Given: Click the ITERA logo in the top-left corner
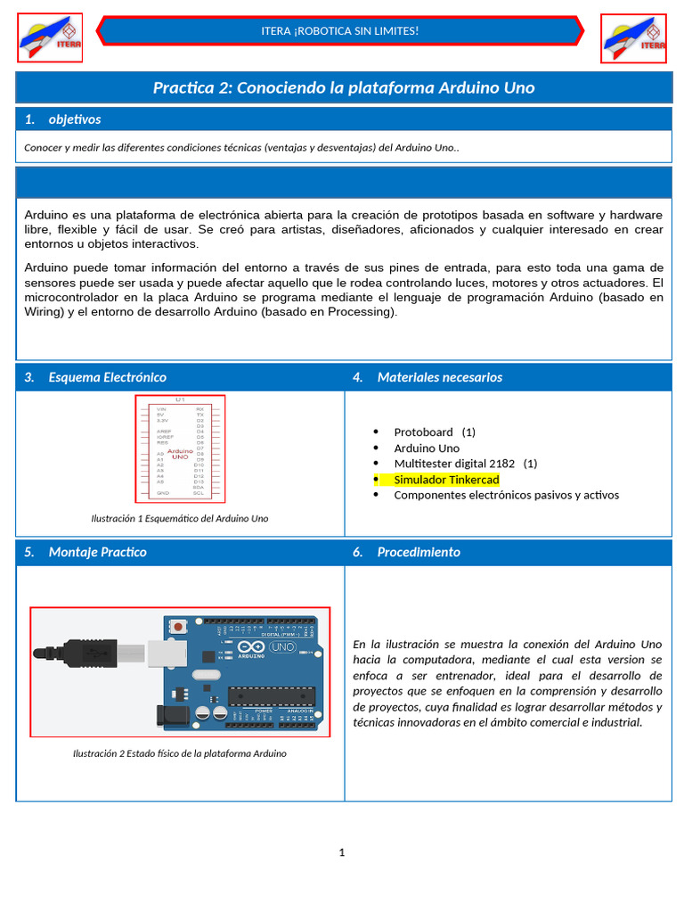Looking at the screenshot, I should [x=50, y=38].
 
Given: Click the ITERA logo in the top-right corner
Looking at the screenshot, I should [x=633, y=38].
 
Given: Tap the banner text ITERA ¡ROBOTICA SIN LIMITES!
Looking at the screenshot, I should [x=339, y=31].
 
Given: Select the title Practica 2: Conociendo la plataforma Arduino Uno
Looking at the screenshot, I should [x=343, y=87].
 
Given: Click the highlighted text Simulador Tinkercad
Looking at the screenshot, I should [x=446, y=480].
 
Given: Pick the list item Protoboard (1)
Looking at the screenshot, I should [x=435, y=432].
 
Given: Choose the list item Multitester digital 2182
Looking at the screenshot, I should [x=465, y=464].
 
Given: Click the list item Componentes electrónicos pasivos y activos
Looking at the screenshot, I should [x=506, y=495].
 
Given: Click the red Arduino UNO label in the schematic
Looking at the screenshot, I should [x=180, y=454].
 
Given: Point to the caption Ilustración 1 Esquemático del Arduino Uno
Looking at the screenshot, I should [x=180, y=518].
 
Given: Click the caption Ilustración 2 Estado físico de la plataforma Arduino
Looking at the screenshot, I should [x=180, y=753].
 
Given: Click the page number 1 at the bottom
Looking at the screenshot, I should [x=342, y=852].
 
